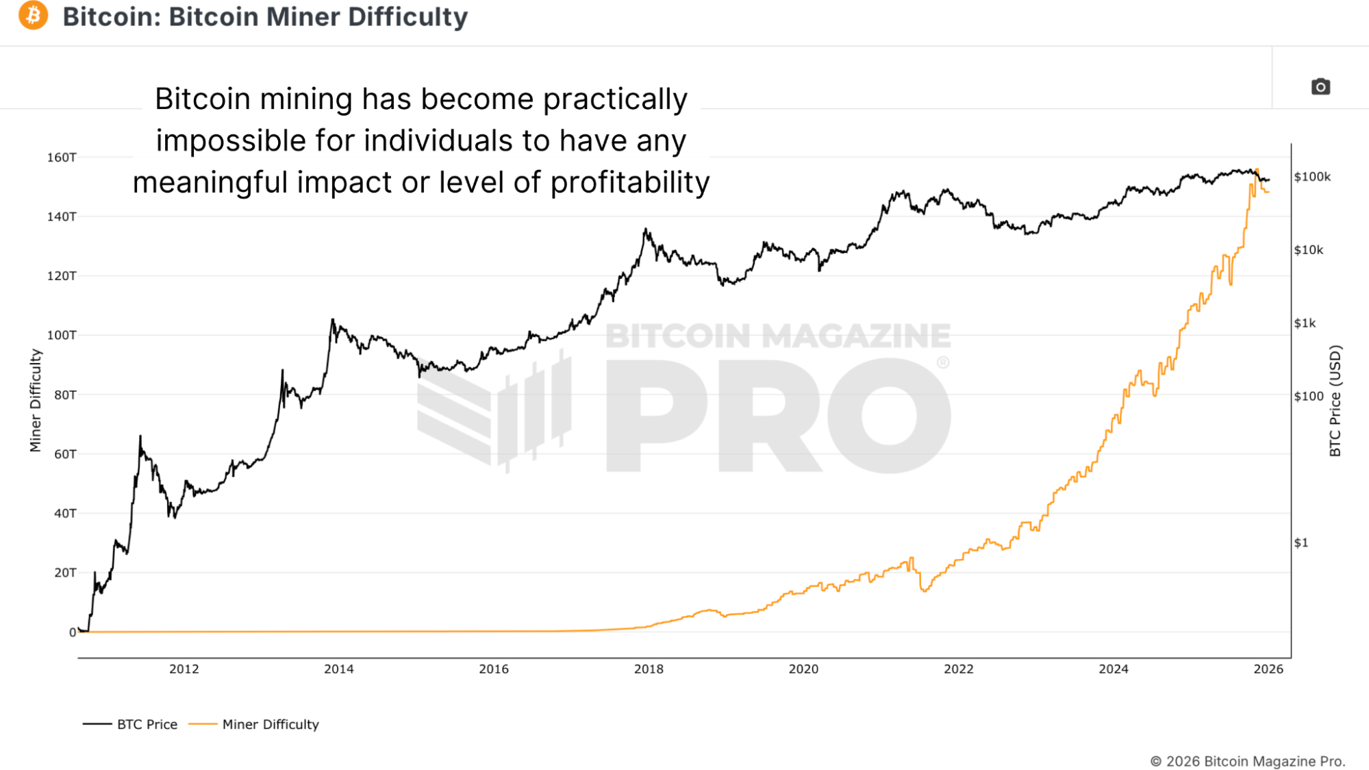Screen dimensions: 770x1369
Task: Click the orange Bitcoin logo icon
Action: (x=33, y=16)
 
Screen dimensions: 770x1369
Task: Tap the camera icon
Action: (x=1320, y=87)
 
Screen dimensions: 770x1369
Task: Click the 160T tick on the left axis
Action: (x=62, y=158)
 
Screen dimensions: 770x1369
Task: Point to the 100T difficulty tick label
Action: (x=62, y=335)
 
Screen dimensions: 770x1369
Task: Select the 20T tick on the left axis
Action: (x=65, y=573)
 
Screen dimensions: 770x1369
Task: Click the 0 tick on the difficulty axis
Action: (x=72, y=632)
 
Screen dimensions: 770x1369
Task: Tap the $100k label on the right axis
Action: (x=1312, y=177)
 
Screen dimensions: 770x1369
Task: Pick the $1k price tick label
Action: (x=1305, y=323)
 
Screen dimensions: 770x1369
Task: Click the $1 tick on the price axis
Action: (x=1301, y=543)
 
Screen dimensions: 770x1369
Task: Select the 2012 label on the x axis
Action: (x=184, y=669)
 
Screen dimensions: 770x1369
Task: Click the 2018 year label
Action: (x=649, y=669)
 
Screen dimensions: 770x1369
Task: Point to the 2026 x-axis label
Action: (x=1268, y=669)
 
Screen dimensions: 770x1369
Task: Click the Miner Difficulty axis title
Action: (x=36, y=401)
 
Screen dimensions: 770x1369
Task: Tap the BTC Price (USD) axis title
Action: (x=1335, y=401)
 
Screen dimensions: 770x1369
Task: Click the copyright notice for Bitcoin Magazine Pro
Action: (x=1247, y=761)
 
